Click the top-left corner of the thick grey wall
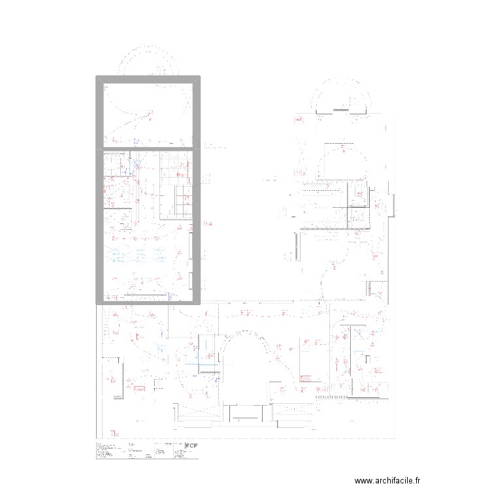99,78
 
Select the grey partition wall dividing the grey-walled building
148,148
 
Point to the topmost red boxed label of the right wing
298,120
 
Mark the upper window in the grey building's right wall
191,248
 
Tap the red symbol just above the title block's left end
114,434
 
